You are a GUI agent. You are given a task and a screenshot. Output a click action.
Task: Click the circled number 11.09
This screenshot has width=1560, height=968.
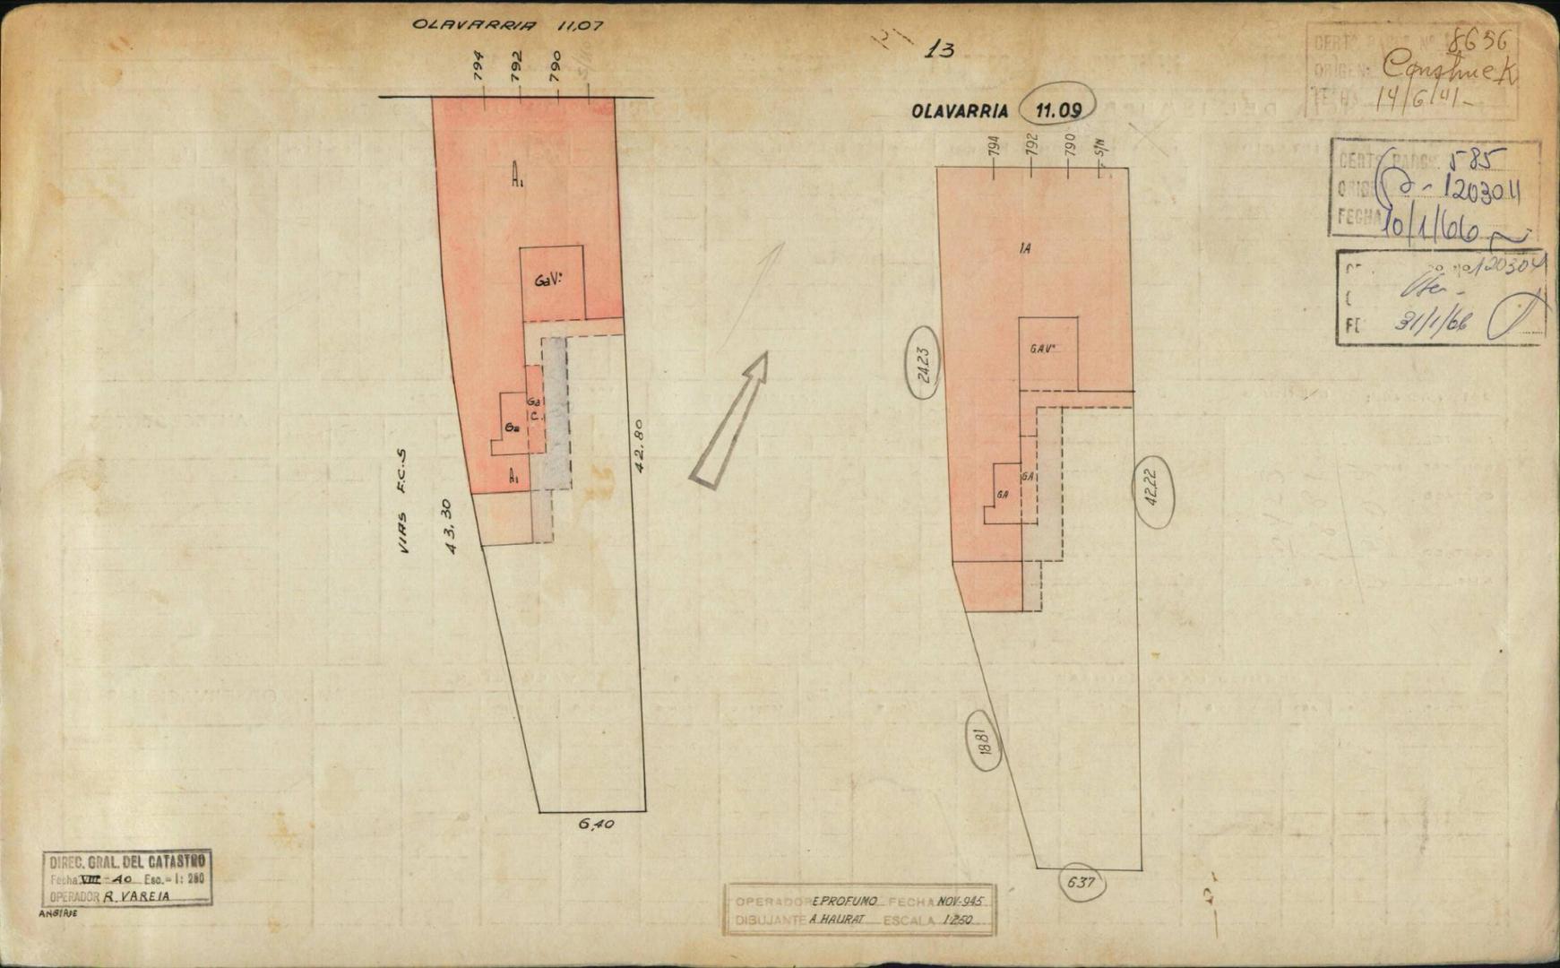pyautogui.click(x=1057, y=110)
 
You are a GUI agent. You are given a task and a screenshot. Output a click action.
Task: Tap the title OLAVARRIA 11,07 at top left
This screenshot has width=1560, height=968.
pyautogui.click(x=507, y=25)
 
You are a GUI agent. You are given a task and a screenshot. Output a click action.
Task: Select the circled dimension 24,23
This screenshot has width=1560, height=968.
pyautogui.click(x=923, y=366)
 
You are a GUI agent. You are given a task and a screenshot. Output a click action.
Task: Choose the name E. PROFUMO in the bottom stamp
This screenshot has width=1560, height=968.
pyautogui.click(x=844, y=901)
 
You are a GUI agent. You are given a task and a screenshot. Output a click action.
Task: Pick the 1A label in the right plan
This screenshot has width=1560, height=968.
pyautogui.click(x=1024, y=249)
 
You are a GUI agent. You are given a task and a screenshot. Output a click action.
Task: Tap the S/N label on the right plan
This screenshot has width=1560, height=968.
pyautogui.click(x=1102, y=144)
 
